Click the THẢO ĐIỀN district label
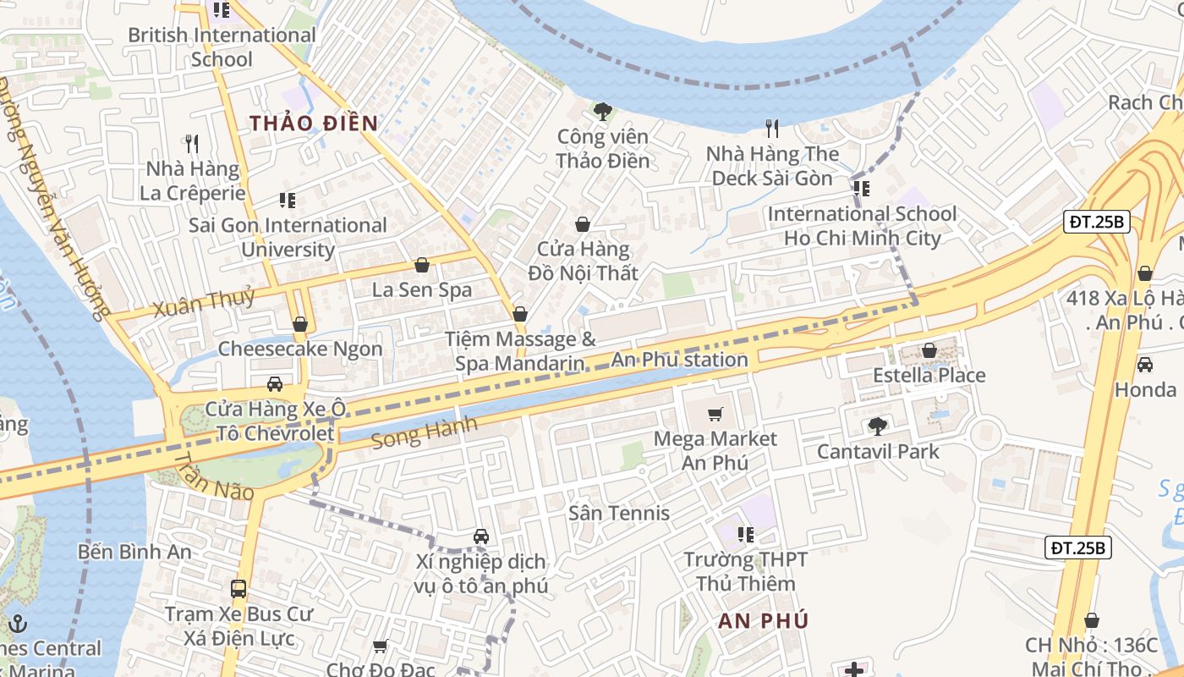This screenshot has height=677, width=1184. pyautogui.click(x=314, y=123)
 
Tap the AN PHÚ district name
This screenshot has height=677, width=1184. pyautogui.click(x=764, y=620)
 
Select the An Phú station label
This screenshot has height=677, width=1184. pyautogui.click(x=679, y=360)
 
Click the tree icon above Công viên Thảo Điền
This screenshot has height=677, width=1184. pyautogui.click(x=602, y=111)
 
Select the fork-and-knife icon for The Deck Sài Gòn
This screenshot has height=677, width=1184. pyautogui.click(x=771, y=129)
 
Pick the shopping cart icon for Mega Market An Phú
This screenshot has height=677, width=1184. pyautogui.click(x=715, y=414)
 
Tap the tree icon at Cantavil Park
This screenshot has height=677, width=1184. pyautogui.click(x=878, y=426)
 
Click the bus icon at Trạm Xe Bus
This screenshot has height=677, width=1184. pyautogui.click(x=238, y=588)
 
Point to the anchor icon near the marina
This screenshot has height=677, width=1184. pyautogui.click(x=18, y=625)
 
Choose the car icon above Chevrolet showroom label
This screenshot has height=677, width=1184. pyautogui.click(x=275, y=384)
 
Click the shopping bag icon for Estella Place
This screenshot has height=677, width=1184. pyautogui.click(x=929, y=350)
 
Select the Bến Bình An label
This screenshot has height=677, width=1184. pyautogui.click(x=134, y=552)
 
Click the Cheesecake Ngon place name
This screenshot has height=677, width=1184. pyautogui.click(x=300, y=349)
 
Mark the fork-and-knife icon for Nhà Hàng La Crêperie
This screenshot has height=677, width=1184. pyautogui.click(x=192, y=144)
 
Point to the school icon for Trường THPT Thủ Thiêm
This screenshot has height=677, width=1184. pyautogui.click(x=745, y=534)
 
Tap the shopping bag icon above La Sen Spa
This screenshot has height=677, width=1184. pyautogui.click(x=421, y=265)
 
